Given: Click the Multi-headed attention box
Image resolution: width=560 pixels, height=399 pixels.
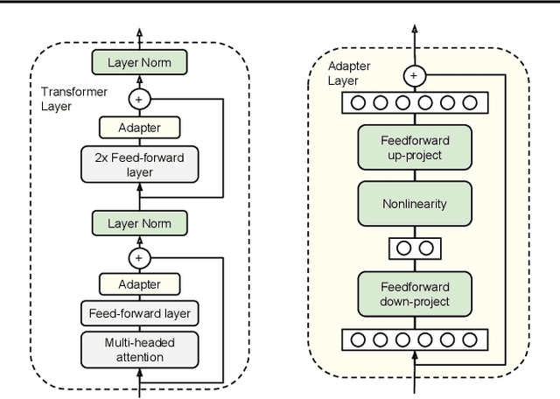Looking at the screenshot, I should click(139, 349).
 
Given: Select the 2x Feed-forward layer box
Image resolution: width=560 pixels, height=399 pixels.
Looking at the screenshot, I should click(139, 164).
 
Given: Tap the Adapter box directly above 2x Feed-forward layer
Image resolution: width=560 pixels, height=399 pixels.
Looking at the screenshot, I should click(139, 128).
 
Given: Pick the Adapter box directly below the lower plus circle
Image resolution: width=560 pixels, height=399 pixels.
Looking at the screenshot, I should click(139, 283).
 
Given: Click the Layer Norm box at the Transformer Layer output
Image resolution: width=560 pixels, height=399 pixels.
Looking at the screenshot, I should click(139, 62).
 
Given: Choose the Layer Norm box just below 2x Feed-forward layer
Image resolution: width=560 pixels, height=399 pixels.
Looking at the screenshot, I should click(139, 223).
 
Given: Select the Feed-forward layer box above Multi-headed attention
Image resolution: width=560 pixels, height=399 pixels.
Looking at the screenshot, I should click(139, 312).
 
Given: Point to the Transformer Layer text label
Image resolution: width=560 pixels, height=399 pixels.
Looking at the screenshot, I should click(71, 99).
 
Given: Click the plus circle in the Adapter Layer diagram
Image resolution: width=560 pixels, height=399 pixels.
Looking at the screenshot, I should click(413, 76).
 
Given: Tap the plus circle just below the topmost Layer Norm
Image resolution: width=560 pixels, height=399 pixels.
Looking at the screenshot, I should click(139, 99).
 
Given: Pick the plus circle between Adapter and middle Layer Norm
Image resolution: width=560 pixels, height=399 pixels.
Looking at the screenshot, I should click(139, 257).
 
